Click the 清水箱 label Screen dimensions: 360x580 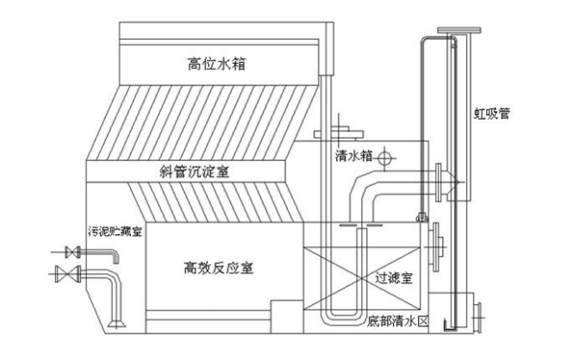353,156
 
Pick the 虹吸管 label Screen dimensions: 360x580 492,113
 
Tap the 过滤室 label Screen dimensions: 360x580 395,278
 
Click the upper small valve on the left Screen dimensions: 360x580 72,252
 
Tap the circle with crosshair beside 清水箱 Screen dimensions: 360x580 385,158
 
